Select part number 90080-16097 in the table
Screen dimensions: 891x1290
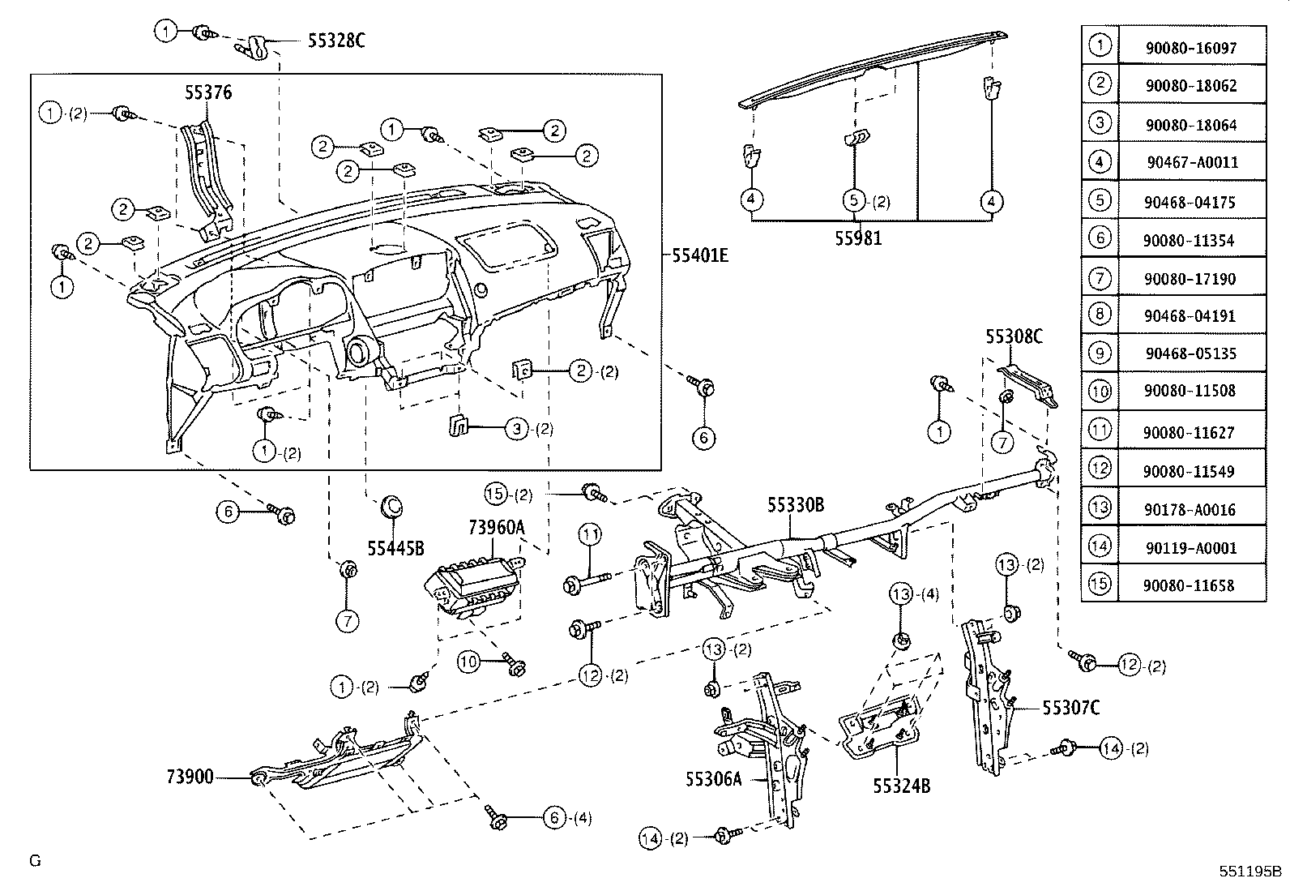[x=1190, y=48]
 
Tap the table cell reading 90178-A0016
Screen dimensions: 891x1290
[x=1190, y=510]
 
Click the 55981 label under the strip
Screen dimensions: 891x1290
[x=859, y=238]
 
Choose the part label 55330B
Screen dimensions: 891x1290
[x=796, y=505]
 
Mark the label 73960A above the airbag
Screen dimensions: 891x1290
[x=496, y=528]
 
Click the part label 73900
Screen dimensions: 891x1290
[x=190, y=777]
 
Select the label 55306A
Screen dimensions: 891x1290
[x=713, y=779]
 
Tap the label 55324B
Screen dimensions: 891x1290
[x=901, y=785]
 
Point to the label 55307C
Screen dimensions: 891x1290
[x=1070, y=708]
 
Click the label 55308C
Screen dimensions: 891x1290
[x=1014, y=336]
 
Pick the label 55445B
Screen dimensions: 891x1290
[x=395, y=547]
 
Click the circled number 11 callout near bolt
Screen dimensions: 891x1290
[x=589, y=533]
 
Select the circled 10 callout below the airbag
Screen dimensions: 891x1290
[x=469, y=662]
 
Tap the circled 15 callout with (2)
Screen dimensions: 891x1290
[x=496, y=493]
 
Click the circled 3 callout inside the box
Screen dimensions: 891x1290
[x=517, y=429]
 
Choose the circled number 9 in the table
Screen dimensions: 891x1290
[x=1099, y=353]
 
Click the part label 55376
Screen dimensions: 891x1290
[x=208, y=92]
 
